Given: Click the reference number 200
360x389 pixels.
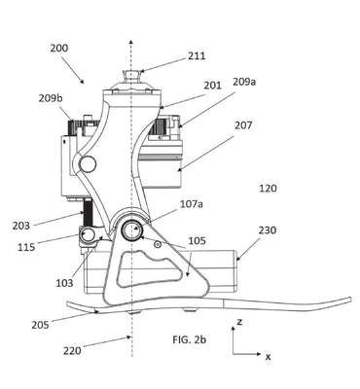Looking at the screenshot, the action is click(59, 48).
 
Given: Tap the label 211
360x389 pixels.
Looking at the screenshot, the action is click(197, 55).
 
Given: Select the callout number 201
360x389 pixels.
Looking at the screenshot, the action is click(212, 86).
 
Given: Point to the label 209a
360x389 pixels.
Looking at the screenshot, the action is click(244, 82).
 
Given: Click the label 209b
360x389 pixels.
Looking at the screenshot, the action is click(51, 98).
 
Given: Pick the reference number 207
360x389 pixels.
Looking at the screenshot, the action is click(243, 125).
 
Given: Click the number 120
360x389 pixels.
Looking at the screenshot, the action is click(268, 188).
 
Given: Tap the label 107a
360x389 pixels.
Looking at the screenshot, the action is click(192, 204).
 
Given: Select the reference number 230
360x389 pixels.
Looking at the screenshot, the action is click(268, 230).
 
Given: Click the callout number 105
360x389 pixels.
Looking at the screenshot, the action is click(197, 241).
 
